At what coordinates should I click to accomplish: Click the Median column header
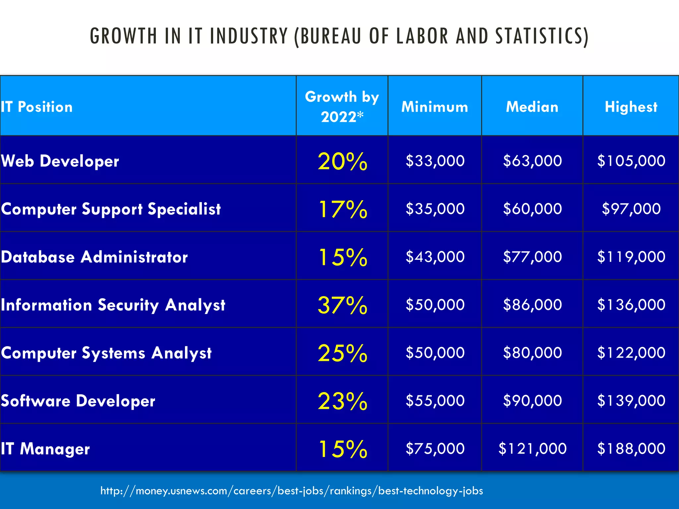[x=532, y=107]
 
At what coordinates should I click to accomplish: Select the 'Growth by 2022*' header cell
[x=342, y=107]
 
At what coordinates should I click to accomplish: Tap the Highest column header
[x=631, y=107]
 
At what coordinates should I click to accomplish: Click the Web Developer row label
[x=60, y=161]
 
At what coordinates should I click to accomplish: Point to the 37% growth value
[x=342, y=305]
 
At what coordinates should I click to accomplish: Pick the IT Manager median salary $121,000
[x=532, y=449]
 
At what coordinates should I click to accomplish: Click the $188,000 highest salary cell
[x=631, y=449]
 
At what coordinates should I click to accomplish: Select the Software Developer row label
[x=78, y=401]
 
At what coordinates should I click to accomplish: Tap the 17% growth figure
[x=342, y=209]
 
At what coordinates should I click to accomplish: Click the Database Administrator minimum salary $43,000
[x=435, y=257]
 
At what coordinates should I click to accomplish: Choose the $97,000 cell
[x=631, y=209]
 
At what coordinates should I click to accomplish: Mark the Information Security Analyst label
[x=113, y=305]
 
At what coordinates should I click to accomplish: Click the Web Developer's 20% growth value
[x=342, y=161]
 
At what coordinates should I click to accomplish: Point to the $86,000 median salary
[x=532, y=305]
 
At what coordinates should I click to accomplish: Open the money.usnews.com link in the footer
[x=291, y=490]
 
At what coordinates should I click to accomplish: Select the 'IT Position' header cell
[x=36, y=107]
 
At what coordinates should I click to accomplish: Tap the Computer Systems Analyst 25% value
[x=342, y=353]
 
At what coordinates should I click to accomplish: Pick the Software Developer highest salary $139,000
[x=631, y=401]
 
